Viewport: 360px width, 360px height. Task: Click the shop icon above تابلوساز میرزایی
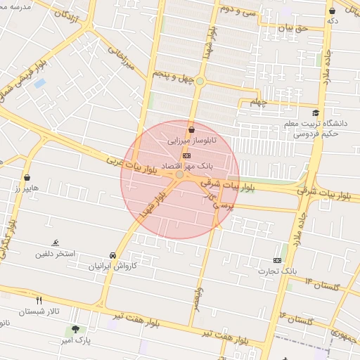point(191,129)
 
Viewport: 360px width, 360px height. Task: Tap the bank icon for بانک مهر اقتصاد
point(186,155)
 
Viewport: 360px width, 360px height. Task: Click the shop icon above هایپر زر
point(27,177)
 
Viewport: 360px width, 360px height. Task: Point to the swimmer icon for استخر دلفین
point(56,243)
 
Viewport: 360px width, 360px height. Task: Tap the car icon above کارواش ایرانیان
point(112,255)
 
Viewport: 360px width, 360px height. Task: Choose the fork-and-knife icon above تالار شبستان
point(39,300)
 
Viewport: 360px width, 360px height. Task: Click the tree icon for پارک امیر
point(75,329)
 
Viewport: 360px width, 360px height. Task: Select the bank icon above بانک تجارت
point(277,259)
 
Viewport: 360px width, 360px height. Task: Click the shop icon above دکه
point(332,11)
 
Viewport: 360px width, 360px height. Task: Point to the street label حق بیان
point(293,29)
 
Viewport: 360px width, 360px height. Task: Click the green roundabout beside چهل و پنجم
point(200,82)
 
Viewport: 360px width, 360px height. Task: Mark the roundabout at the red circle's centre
point(180,174)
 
